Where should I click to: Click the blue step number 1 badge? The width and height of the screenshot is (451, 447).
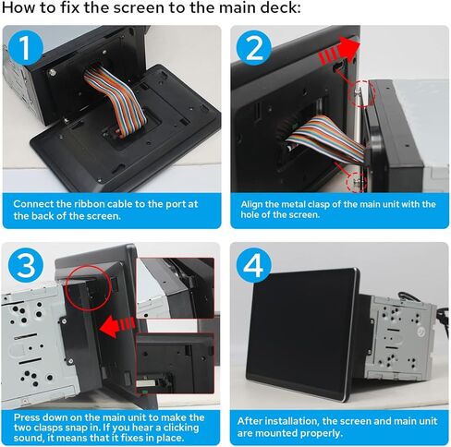pos(26,48)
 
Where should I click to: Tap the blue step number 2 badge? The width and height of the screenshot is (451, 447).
pos(254,48)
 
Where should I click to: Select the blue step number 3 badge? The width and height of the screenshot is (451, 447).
pos(26,265)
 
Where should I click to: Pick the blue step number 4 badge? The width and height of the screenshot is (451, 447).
pos(254,265)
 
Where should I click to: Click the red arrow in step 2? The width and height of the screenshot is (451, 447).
pos(340,52)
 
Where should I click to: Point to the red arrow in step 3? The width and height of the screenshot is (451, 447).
pos(117,326)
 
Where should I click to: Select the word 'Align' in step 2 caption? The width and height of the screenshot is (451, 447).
pos(251,205)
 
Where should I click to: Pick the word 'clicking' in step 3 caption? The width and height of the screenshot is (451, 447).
pos(181,428)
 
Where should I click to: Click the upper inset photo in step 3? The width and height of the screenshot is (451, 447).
pos(176,288)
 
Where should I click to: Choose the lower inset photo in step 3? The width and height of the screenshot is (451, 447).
pos(176,363)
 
